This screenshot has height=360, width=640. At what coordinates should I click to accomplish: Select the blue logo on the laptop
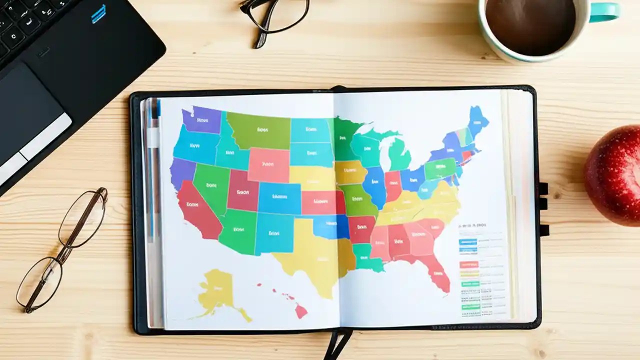[99, 13]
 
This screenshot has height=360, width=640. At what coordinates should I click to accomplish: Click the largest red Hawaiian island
[301, 311]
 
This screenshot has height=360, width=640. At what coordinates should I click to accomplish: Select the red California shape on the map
[197, 210]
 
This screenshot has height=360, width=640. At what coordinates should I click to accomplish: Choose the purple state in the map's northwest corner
[201, 120]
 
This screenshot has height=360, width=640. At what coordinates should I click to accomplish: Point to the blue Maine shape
[477, 120]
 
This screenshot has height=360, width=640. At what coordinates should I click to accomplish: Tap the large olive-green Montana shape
[259, 130]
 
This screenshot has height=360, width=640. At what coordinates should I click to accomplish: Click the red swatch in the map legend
[468, 264]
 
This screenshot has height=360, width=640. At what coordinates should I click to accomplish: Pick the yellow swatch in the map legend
[468, 273]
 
